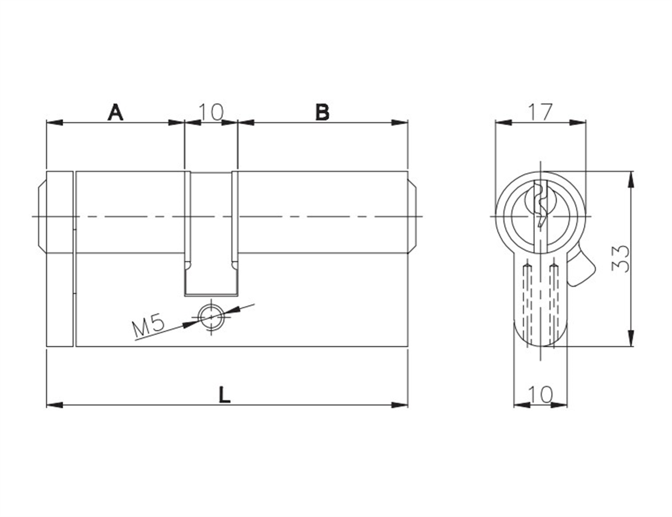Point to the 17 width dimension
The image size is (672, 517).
(540, 112)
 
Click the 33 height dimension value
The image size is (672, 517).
(620, 258)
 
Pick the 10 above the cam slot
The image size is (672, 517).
(211, 112)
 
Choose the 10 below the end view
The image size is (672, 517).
(540, 394)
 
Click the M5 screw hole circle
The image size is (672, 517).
(211, 317)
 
